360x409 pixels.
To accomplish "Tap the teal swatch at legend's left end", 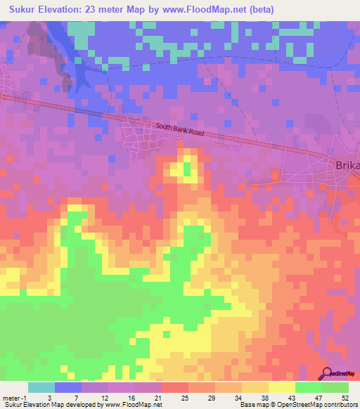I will coord(41,387).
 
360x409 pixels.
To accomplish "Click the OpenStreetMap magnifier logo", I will coord(328,374).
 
